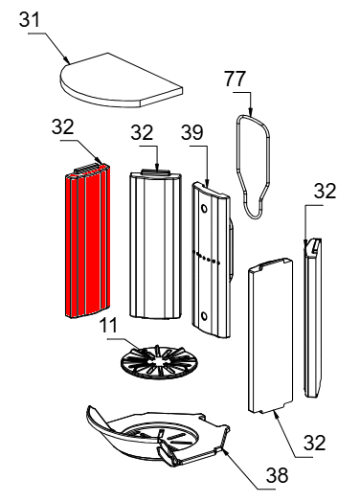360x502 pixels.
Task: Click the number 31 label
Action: pyautogui.click(x=30, y=19)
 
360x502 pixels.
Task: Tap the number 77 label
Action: pyautogui.click(x=236, y=79)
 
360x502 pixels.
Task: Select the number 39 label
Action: pyautogui.click(x=192, y=132)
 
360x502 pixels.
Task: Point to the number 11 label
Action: pyautogui.click(x=108, y=326)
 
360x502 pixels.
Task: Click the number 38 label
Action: pyautogui.click(x=277, y=475)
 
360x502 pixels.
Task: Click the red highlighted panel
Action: pyautogui.click(x=88, y=240)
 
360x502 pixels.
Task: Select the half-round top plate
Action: pyautogui.click(x=121, y=80)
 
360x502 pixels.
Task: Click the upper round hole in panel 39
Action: pyautogui.click(x=203, y=209)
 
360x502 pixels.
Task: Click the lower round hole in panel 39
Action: pyautogui.click(x=203, y=317)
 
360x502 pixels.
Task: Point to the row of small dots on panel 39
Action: pyautogui.click(x=206, y=258)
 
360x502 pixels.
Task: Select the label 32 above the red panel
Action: pyautogui.click(x=63, y=126)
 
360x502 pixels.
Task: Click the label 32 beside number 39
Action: pyautogui.click(x=142, y=132)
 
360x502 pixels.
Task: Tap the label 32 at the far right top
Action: pyautogui.click(x=325, y=192)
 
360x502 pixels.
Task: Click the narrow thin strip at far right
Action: pyautogui.click(x=313, y=317)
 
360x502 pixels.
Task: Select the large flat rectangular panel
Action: pyautogui.click(x=270, y=335)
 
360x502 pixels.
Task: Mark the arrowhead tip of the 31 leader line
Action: pyautogui.click(x=69, y=63)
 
